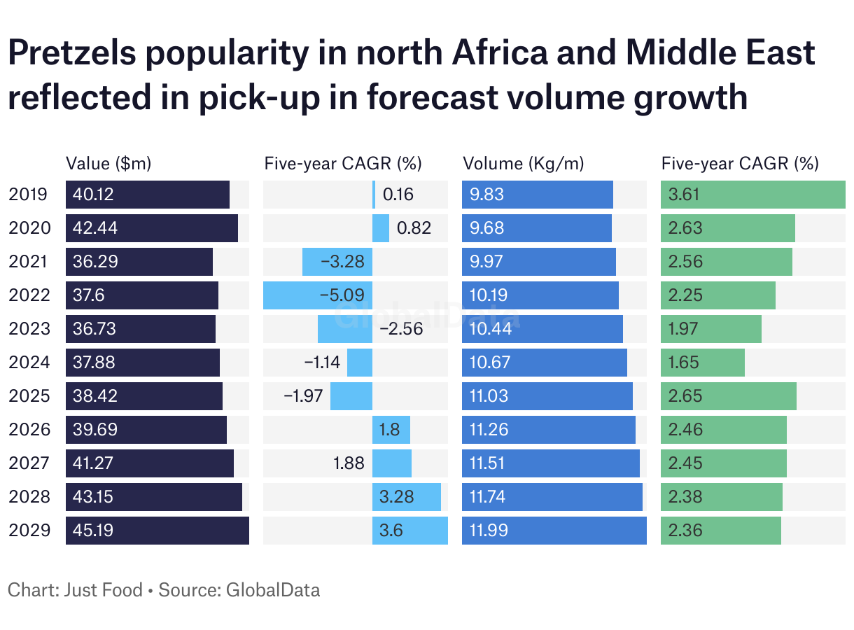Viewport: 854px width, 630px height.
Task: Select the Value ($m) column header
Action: [x=108, y=164]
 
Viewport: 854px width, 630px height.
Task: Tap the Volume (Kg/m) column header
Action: [x=524, y=164]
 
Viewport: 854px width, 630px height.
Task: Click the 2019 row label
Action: [x=29, y=195]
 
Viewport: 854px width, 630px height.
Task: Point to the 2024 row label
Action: [x=29, y=363]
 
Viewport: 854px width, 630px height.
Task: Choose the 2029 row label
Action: [x=29, y=531]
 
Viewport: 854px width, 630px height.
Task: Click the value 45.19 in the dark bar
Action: [x=93, y=531]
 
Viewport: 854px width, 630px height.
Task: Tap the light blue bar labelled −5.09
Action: [x=317, y=295]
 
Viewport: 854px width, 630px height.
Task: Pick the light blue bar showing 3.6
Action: [x=409, y=531]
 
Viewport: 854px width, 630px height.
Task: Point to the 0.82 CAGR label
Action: [x=414, y=228]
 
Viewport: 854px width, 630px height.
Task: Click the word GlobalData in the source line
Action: [x=273, y=590]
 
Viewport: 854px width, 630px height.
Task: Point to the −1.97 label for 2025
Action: [x=303, y=396]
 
